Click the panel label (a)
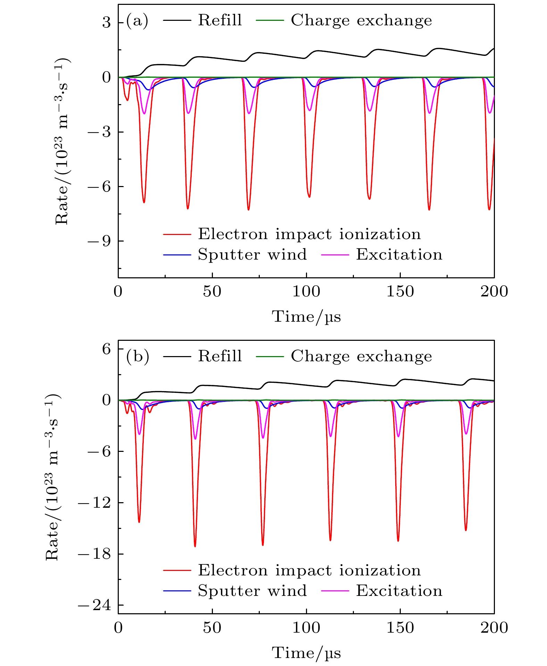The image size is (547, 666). click(137, 21)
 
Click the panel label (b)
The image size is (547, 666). click(138, 357)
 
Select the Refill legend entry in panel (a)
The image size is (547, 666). click(219, 20)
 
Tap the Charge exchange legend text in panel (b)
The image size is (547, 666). click(361, 356)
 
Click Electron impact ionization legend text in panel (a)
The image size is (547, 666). click(309, 234)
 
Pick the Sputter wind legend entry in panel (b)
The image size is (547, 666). click(252, 591)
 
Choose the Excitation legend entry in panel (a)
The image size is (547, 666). click(399, 255)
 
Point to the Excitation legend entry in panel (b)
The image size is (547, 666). click(399, 591)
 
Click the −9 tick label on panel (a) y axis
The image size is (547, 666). click(99, 241)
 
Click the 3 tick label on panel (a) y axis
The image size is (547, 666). click(106, 23)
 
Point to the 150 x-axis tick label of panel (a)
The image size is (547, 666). click(400, 292)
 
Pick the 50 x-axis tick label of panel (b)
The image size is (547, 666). click(212, 627)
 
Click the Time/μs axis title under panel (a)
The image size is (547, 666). click(306, 317)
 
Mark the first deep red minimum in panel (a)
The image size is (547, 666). click(144, 202)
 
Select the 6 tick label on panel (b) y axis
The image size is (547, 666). click(106, 349)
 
